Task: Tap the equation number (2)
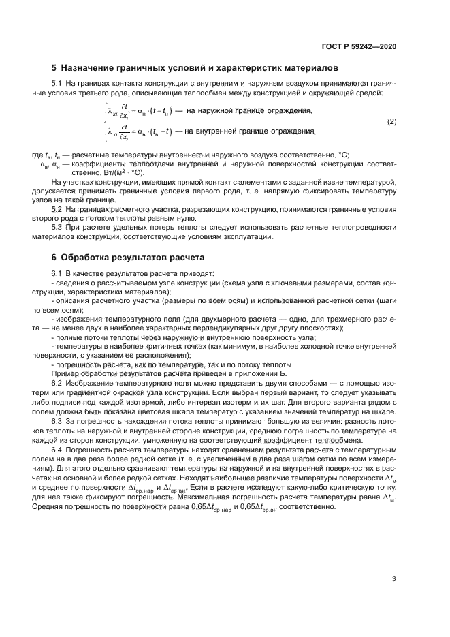(391, 121)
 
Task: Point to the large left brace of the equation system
(104, 121)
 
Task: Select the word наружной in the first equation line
(218, 110)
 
